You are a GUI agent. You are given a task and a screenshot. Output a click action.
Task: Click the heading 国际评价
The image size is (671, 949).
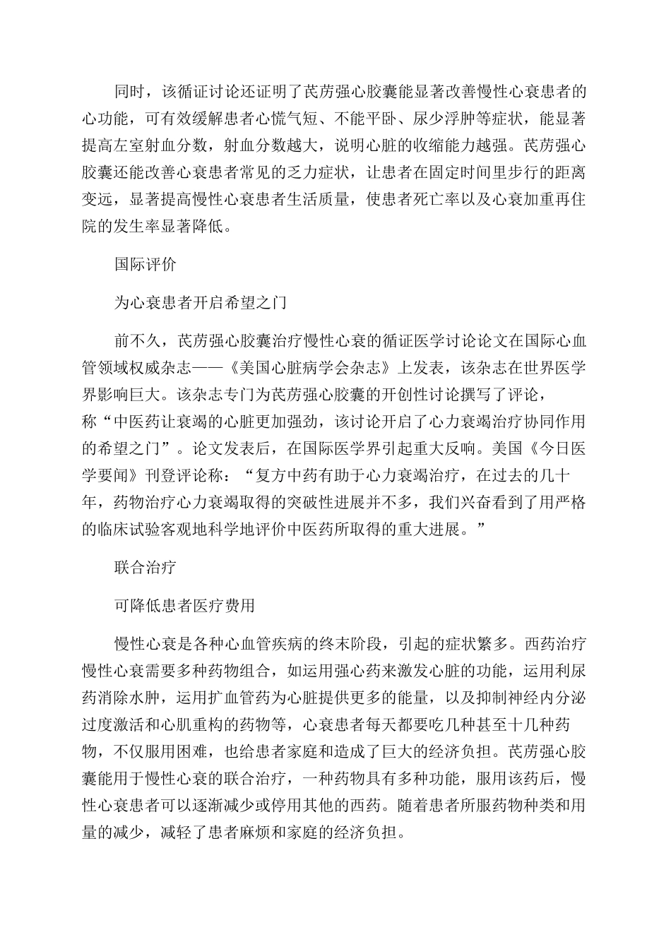tap(146, 265)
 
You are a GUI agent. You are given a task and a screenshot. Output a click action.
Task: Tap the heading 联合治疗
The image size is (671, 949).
tap(146, 567)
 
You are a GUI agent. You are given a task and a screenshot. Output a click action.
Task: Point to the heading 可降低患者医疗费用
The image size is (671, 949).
tap(184, 605)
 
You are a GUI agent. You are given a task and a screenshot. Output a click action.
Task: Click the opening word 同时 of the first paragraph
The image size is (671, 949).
tap(130, 91)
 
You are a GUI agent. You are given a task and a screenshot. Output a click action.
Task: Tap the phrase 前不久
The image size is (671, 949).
tap(138, 341)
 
